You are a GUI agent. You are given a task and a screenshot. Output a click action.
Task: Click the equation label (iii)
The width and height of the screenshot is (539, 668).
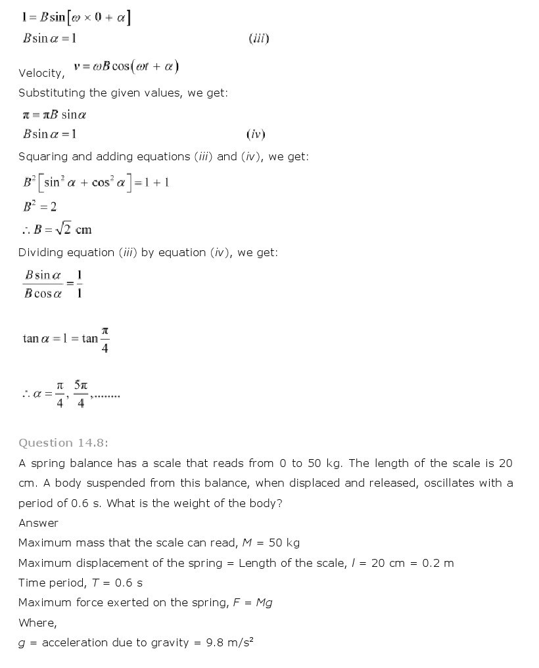click(x=259, y=38)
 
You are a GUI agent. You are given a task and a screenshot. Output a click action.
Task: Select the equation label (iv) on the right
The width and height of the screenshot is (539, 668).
click(x=255, y=134)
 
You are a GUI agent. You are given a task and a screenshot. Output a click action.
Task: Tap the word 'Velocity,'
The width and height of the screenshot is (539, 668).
click(x=41, y=73)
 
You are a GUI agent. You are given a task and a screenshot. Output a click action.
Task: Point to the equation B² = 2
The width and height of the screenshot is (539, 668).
click(x=40, y=206)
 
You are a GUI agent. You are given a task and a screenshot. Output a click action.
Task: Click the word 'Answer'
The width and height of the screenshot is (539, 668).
click(x=38, y=523)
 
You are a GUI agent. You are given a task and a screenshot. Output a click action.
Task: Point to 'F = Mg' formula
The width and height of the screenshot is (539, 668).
click(x=252, y=602)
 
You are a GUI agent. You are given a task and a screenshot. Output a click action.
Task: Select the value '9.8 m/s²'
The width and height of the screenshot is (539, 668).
click(x=230, y=642)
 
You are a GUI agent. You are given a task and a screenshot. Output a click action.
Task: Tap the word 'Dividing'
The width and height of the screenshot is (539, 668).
click(x=41, y=252)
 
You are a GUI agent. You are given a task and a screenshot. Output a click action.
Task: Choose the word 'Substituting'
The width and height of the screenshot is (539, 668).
click(x=53, y=93)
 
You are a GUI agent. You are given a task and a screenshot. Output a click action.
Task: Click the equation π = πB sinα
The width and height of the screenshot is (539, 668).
click(x=55, y=114)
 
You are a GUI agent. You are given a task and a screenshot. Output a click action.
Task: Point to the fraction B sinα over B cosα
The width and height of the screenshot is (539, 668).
click(x=43, y=284)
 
